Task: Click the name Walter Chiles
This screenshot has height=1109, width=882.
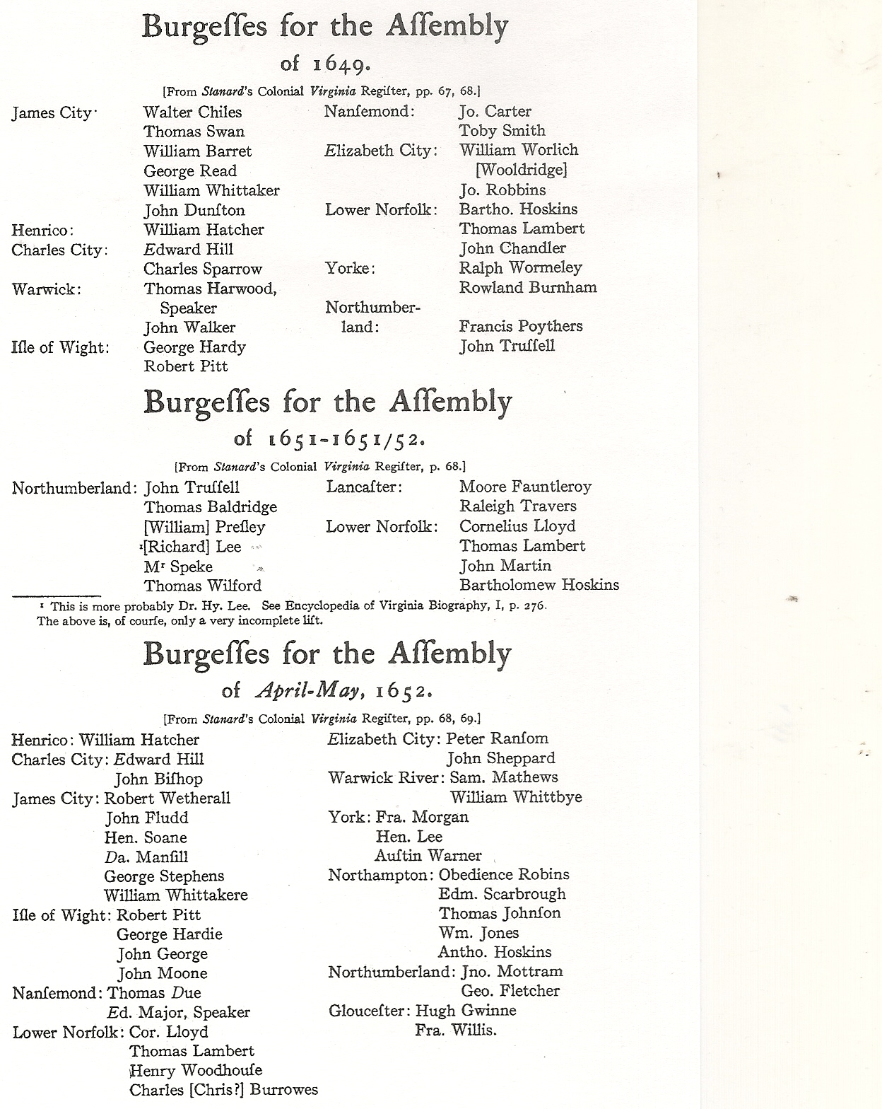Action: click(192, 112)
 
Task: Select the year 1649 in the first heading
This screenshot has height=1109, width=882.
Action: click(341, 64)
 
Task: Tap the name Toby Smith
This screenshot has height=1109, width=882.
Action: click(502, 130)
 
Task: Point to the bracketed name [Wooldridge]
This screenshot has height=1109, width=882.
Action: click(521, 170)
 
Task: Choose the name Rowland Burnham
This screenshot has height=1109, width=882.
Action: click(527, 287)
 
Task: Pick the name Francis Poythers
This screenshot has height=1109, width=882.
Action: click(521, 326)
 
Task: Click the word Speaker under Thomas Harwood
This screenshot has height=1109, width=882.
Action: click(188, 308)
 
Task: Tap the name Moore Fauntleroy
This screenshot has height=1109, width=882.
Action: click(525, 487)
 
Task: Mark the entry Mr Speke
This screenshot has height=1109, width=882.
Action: click(178, 567)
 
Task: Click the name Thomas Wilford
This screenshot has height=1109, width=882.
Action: click(203, 586)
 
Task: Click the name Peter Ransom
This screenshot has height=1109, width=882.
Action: click(497, 738)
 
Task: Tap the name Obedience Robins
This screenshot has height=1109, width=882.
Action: click(504, 875)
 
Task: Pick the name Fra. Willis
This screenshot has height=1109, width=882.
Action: click(456, 1030)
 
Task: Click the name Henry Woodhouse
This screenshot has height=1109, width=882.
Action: click(196, 1070)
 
